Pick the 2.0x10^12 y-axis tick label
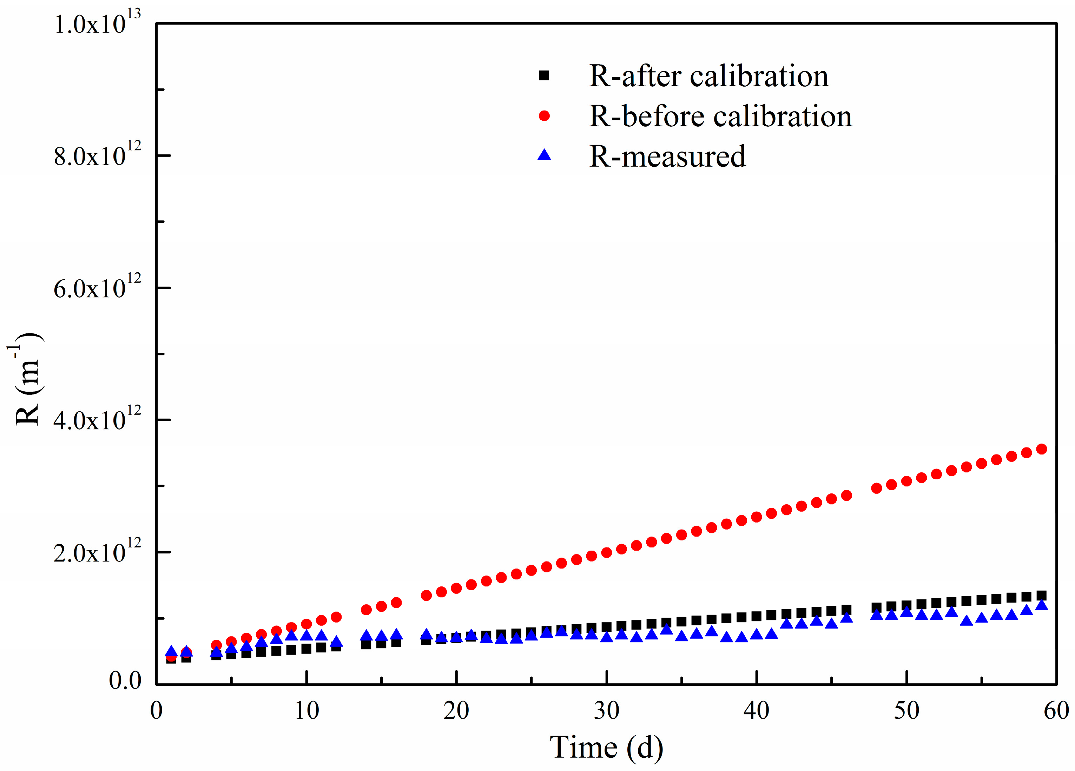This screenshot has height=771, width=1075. (x=98, y=552)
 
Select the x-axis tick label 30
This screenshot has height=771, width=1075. (x=606, y=710)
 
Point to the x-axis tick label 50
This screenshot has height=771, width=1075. (x=906, y=710)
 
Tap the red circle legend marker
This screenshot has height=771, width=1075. (x=544, y=115)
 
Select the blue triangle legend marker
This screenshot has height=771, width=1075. (x=544, y=155)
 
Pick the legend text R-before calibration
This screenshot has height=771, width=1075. (x=720, y=116)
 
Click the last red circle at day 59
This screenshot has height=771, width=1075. (x=1041, y=449)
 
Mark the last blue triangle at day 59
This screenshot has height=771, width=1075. (x=1041, y=605)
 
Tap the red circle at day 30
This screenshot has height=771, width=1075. (x=606, y=552)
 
